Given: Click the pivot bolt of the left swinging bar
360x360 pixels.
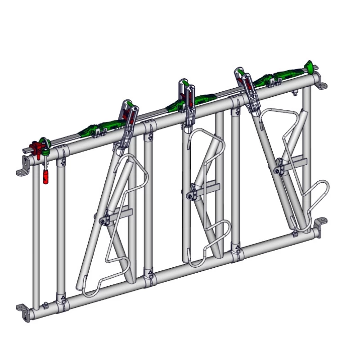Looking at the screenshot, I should [x=104, y=220].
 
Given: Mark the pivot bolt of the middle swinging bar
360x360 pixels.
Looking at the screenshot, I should [x=192, y=194].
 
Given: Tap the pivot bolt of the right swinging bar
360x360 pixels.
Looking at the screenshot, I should [x=279, y=170].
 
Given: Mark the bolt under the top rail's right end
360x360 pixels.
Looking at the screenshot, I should [x=294, y=93].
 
